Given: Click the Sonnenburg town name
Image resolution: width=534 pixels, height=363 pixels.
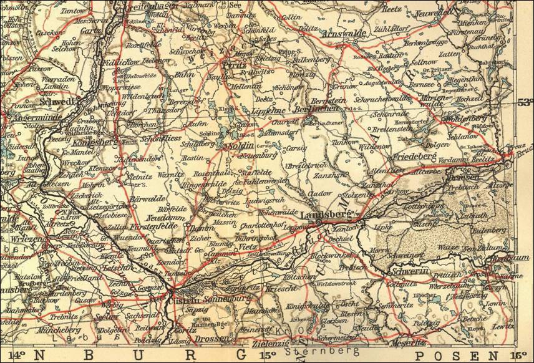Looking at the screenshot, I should coord(213,299).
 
